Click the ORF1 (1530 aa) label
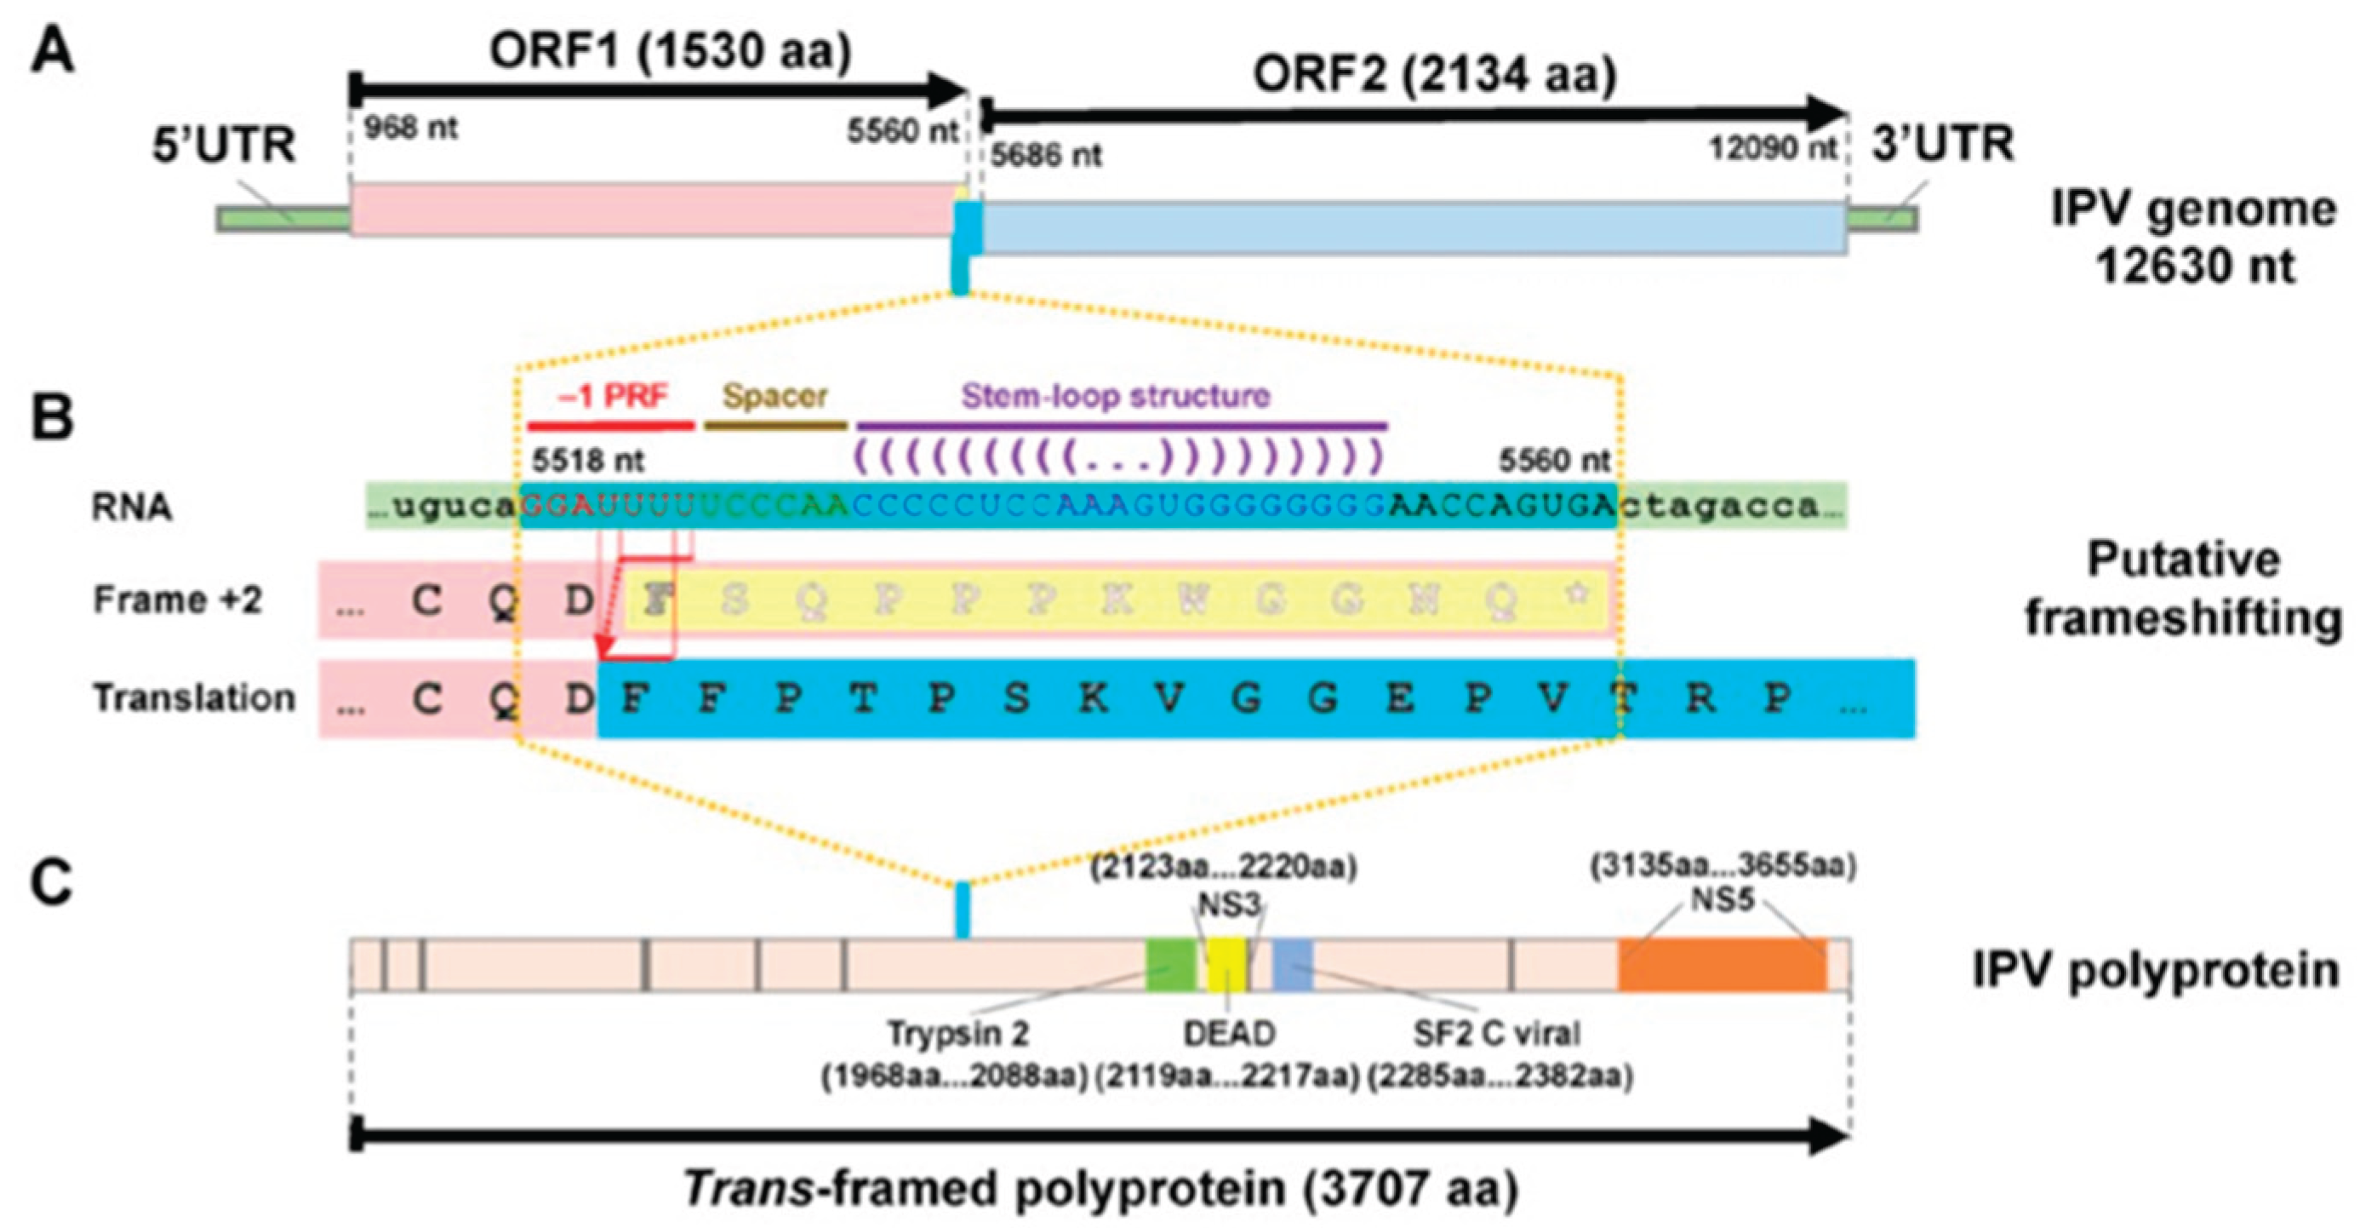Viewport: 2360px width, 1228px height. click(x=670, y=51)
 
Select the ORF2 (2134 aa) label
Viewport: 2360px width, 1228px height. click(x=1434, y=75)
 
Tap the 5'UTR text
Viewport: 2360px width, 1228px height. click(x=224, y=146)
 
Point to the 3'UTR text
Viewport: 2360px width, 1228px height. click(x=1942, y=145)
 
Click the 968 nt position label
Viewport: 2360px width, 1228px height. click(x=410, y=128)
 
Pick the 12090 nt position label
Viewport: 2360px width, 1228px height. click(x=1772, y=147)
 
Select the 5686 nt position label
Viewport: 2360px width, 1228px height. click(x=1045, y=155)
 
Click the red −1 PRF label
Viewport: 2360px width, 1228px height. click(x=613, y=396)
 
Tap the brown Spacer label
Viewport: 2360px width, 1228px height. click(x=775, y=396)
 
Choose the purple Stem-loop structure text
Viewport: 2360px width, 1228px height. click(x=1115, y=396)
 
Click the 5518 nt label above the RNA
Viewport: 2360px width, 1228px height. click(x=587, y=459)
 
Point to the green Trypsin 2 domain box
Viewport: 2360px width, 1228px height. click(x=1171, y=965)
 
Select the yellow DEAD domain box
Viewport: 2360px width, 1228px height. click(x=1226, y=965)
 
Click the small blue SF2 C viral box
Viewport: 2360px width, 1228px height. click(x=1293, y=965)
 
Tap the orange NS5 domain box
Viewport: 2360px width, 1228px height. click(x=1722, y=965)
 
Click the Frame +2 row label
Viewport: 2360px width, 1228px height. click(x=178, y=600)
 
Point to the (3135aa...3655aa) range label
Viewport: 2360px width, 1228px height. click(x=1722, y=865)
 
